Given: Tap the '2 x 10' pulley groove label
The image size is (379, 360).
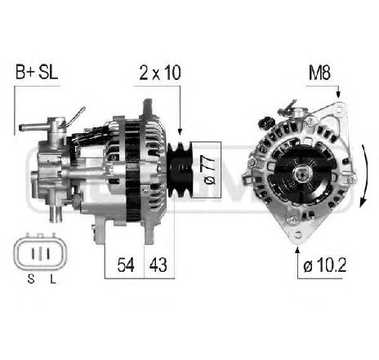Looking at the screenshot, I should (x=159, y=72).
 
